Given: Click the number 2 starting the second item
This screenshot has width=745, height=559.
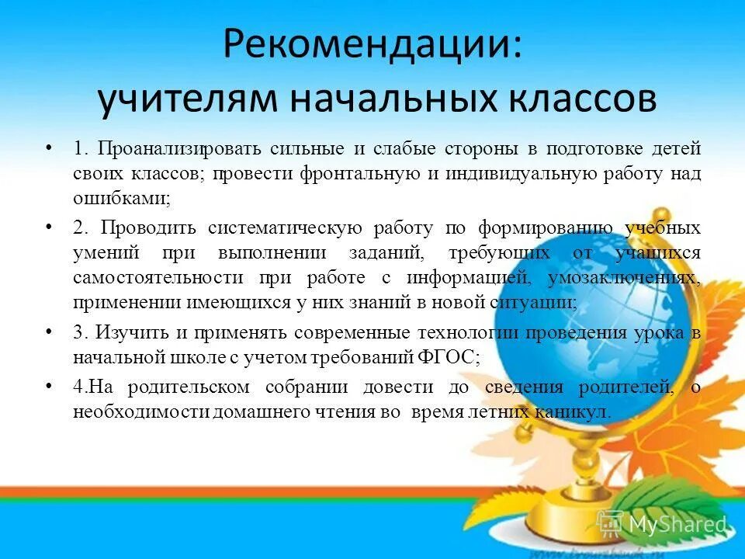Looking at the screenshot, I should [x=79, y=228].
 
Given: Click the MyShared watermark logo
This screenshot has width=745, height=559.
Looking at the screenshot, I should [x=665, y=524].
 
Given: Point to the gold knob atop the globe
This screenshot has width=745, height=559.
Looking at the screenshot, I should [x=660, y=217].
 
